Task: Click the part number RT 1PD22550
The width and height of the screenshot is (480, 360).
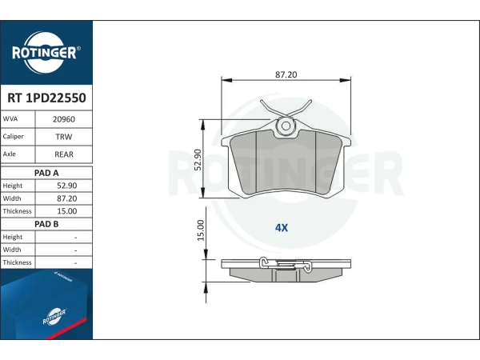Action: coord(46,98)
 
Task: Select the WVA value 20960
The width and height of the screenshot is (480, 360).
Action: coord(64,119)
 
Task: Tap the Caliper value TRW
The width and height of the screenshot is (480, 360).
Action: coord(64,137)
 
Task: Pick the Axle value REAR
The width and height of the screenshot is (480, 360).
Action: coord(64,154)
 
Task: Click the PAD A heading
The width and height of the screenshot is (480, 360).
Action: coord(46,173)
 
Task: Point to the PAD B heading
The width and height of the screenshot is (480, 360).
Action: coord(46,224)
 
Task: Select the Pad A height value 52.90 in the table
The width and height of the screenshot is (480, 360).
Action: coord(66,186)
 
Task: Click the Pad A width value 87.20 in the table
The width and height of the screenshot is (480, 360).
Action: coord(66,198)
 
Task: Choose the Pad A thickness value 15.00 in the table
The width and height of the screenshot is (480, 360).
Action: coord(66,211)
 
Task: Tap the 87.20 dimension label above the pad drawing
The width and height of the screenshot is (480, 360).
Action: coord(286,74)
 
